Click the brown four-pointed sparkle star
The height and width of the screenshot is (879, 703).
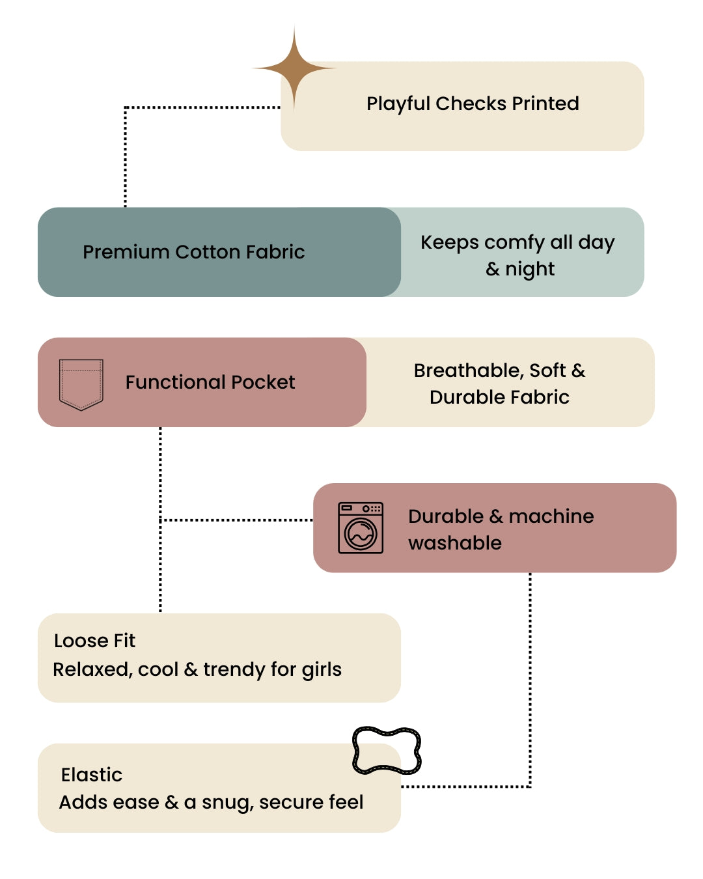[294, 68]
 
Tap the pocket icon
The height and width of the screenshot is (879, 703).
[81, 384]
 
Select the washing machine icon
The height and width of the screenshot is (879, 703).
[360, 527]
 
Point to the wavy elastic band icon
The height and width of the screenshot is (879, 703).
[387, 750]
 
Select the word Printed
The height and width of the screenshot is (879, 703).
[545, 104]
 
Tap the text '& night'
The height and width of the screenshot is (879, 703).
[520, 270]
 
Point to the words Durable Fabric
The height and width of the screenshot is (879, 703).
[499, 397]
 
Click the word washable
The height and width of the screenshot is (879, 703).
[454, 543]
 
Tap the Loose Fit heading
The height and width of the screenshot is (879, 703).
[94, 641]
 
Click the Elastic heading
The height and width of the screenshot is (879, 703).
[92, 774]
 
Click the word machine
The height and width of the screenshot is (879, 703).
[551, 516]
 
